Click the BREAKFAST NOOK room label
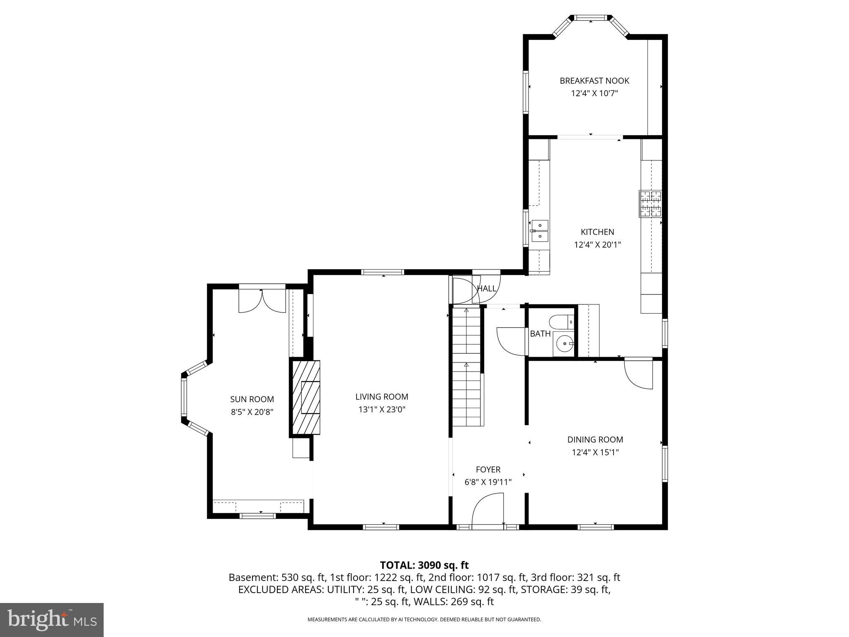tap(594, 81)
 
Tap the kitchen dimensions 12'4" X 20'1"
tap(597, 245)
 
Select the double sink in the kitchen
tap(540, 231)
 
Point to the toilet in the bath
tap(561, 321)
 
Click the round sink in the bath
tap(564, 343)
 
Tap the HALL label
tap(487, 288)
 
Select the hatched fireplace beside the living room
tap(305, 397)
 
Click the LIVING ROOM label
tap(381, 397)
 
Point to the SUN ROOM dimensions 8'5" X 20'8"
tap(252, 412)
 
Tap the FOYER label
tap(488, 469)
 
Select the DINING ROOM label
tap(595, 440)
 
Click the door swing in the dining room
tap(638, 374)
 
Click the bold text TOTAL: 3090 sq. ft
tap(424, 565)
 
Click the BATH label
tap(540, 333)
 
